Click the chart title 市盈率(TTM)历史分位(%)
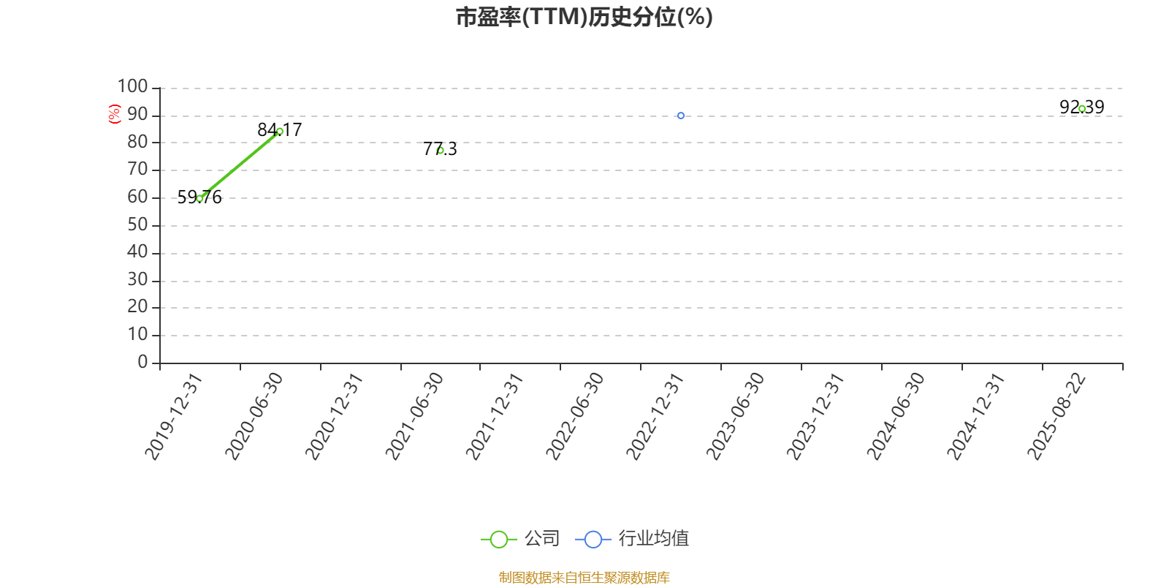pyautogui.click(x=584, y=17)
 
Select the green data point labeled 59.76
pyautogui.click(x=199, y=198)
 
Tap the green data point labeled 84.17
pyautogui.click(x=280, y=132)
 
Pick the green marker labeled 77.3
pyautogui.click(x=441, y=151)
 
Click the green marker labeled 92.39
pyautogui.click(x=1082, y=109)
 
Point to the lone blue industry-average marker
pyautogui.click(x=680, y=116)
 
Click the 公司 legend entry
pyautogui.click(x=519, y=538)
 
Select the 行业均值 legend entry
pyautogui.click(x=631, y=538)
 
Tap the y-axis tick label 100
pyautogui.click(x=132, y=86)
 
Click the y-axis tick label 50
pyautogui.click(x=138, y=224)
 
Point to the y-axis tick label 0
pyautogui.click(x=142, y=361)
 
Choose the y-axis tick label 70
pyautogui.click(x=138, y=169)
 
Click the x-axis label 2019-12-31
pyautogui.click(x=173, y=416)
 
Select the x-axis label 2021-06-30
pyautogui.click(x=414, y=416)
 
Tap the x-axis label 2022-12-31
pyautogui.click(x=655, y=416)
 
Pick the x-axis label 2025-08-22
pyautogui.click(x=1056, y=416)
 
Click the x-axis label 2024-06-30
pyautogui.click(x=896, y=416)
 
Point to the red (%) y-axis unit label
pyautogui.click(x=114, y=114)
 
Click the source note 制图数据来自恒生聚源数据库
pyautogui.click(x=584, y=577)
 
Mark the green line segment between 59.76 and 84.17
pyautogui.click(x=240, y=165)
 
